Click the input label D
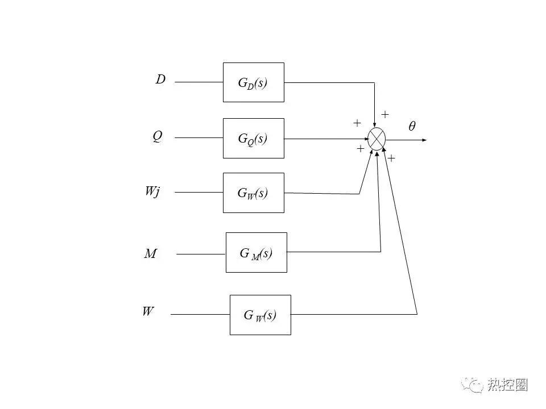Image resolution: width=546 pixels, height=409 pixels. click(160, 80)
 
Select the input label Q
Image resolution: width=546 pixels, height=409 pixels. click(158, 136)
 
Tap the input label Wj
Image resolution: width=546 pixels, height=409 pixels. click(152, 191)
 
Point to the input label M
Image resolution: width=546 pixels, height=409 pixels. click(150, 253)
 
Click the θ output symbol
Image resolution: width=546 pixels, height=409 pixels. click(412, 126)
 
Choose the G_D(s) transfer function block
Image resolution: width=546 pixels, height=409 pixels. click(254, 82)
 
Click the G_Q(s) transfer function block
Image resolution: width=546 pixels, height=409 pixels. click(254, 139)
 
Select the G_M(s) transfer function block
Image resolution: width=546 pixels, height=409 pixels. click(257, 252)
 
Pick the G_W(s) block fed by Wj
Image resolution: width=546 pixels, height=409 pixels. click(254, 193)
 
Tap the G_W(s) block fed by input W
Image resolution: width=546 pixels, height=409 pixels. click(260, 315)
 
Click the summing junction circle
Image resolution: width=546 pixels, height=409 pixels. click(377, 139)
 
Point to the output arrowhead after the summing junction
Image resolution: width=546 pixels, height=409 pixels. click(424, 140)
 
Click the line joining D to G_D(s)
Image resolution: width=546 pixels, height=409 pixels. click(199, 82)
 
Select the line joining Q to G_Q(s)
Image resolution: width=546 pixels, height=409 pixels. click(199, 137)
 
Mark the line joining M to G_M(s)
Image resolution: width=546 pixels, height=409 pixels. click(201, 254)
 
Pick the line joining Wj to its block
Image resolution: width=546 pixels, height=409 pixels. click(199, 192)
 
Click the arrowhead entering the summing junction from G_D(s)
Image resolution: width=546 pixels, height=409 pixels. click(374, 125)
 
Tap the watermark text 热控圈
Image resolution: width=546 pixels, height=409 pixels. click(507, 385)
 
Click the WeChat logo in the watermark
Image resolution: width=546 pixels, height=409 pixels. click(472, 385)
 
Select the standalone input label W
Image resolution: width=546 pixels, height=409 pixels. click(148, 311)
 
